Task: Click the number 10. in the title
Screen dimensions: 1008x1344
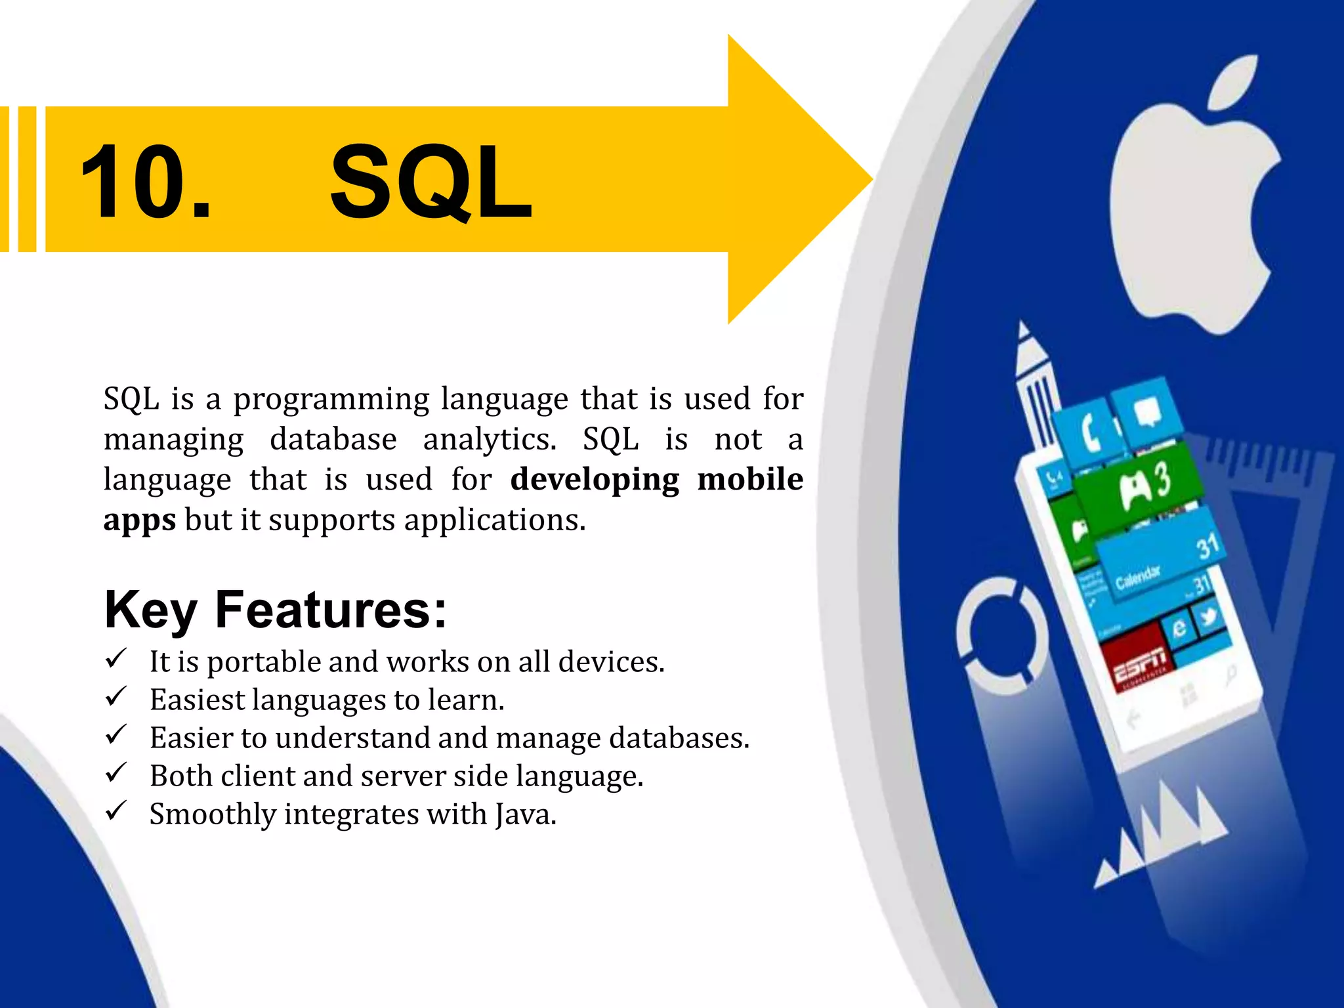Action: point(146,182)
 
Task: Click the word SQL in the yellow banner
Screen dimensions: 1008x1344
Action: point(430,182)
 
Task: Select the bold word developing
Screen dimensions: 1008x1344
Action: point(595,479)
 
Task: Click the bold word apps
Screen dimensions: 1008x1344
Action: point(139,520)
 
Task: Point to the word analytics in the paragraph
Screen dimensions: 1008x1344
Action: point(489,439)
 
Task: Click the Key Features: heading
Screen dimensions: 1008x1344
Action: point(275,610)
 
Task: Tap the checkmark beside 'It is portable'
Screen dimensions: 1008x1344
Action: point(115,658)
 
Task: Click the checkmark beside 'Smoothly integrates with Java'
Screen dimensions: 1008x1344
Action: point(115,811)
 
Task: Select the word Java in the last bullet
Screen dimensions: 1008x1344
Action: point(525,814)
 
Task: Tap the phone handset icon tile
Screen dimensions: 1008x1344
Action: point(1089,433)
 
